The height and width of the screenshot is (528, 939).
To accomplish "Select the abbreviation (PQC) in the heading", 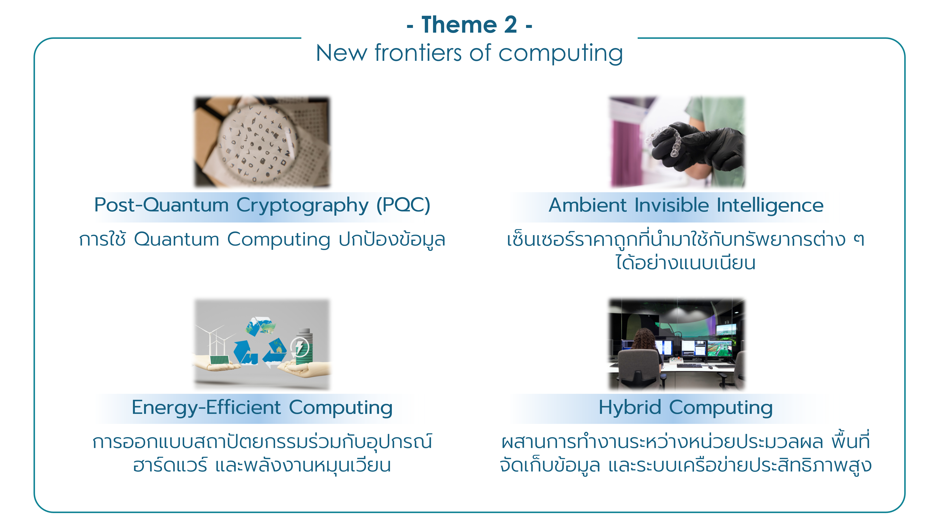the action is click(403, 205).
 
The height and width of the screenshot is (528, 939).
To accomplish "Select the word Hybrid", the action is click(630, 408).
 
